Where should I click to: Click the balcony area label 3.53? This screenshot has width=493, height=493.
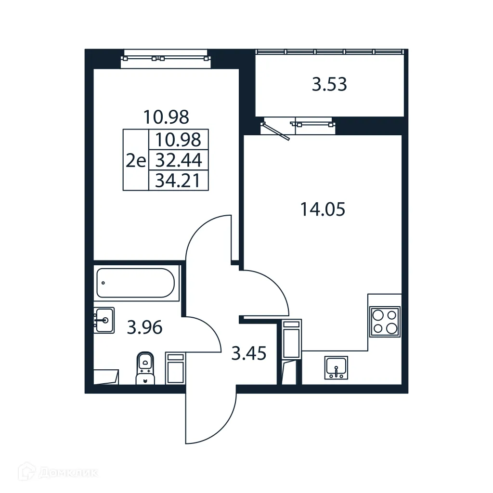click(x=329, y=85)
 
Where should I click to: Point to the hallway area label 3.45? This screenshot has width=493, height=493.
click(x=248, y=354)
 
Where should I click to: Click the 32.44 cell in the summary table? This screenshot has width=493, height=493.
click(x=179, y=160)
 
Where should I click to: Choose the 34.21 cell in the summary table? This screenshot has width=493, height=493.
click(x=179, y=181)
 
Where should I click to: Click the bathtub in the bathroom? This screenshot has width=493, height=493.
click(x=135, y=283)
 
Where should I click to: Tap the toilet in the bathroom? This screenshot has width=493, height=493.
click(x=144, y=368)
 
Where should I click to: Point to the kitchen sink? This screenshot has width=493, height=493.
click(x=336, y=368)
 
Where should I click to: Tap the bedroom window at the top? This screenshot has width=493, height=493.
click(x=166, y=58)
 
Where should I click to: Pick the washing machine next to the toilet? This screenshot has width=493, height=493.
click(x=175, y=368)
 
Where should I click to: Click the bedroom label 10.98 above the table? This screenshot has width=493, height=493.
click(x=166, y=117)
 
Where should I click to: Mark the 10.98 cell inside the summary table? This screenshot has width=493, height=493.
click(x=179, y=140)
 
